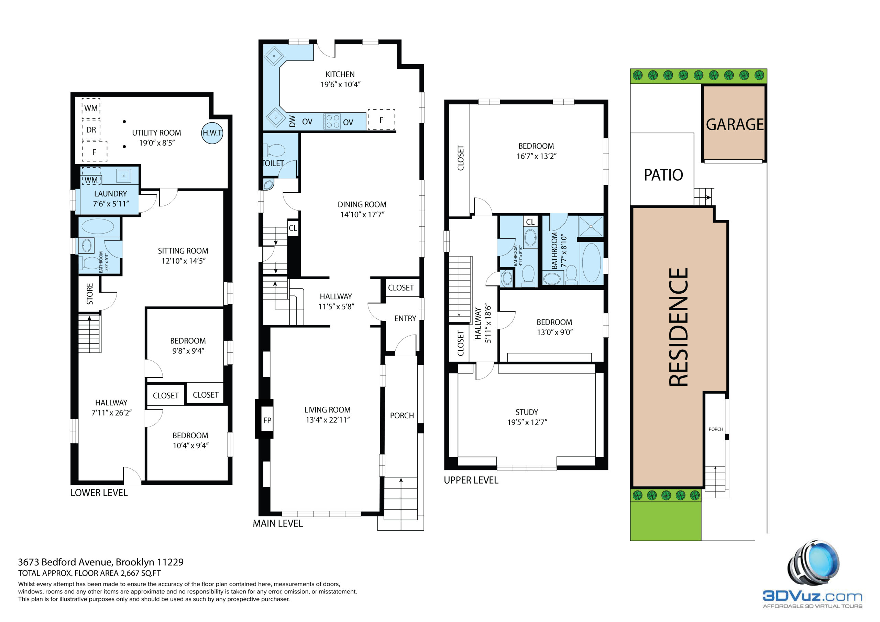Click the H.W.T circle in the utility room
point(212,133)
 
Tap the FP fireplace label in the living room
point(267,420)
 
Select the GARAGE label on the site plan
point(735,124)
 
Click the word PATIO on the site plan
point(663,175)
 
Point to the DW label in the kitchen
point(293,122)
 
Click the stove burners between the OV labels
point(332,122)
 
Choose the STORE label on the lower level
point(90,294)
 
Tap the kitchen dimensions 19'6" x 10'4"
point(340,84)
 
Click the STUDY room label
point(527,412)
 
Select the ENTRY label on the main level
point(405,318)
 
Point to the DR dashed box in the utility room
point(91,129)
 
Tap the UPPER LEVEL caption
point(471,480)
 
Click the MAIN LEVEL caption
point(278,523)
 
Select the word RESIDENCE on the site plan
point(679,327)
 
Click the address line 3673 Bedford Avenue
point(101,562)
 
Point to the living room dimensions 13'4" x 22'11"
point(328,420)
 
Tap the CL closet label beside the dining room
point(293,228)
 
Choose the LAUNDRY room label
point(110,194)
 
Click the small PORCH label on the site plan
point(716,429)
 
